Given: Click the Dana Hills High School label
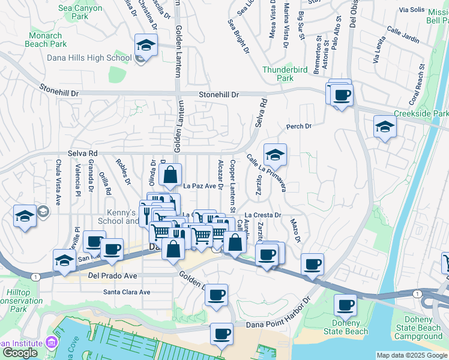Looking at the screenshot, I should pos(89,58).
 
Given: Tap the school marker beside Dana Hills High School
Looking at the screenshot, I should pos(145,46).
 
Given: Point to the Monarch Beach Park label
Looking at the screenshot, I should pos(47,40).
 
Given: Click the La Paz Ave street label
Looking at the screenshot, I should pos(199,186).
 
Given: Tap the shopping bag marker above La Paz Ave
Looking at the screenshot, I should pos(171,176).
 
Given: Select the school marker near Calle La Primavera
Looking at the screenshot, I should pos(275,155).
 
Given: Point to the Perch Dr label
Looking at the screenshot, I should pos(299,127).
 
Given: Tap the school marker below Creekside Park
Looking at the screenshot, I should pos(385,127).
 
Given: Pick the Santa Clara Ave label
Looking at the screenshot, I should pos(126,292).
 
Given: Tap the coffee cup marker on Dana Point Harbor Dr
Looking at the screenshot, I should pos(221,334).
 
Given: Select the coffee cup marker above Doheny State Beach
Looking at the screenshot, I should pos(345,305).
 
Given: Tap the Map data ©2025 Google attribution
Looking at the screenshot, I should pos(411,355).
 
